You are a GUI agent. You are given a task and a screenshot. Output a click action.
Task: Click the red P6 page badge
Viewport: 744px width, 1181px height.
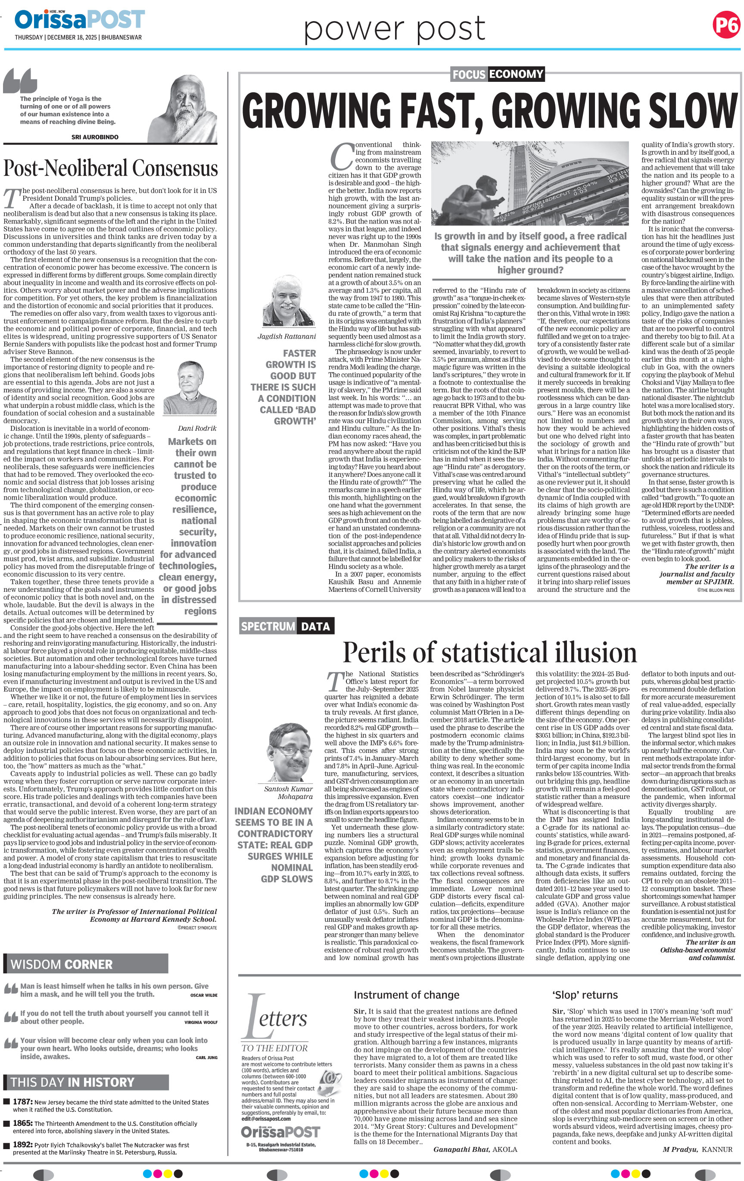point(726,25)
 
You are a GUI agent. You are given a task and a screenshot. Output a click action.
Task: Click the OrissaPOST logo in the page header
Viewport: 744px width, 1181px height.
point(79,20)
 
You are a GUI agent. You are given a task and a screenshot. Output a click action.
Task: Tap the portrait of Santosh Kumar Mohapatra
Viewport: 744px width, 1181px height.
point(288,751)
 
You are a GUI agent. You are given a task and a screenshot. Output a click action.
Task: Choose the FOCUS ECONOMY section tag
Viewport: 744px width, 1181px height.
point(497,74)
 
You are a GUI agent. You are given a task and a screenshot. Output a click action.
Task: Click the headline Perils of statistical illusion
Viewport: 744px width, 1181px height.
point(489,653)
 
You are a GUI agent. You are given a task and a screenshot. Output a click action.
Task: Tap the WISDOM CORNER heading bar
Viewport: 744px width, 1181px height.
point(86,964)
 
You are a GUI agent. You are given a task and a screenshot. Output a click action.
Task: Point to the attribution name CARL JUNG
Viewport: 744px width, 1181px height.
point(206,1057)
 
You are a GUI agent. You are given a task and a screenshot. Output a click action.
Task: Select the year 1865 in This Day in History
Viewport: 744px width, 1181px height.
point(22,1123)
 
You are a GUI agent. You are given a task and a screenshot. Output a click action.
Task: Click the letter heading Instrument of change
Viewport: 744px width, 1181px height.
point(407,995)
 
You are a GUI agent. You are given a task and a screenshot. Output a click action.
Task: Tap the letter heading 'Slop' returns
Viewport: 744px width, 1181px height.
point(585,995)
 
